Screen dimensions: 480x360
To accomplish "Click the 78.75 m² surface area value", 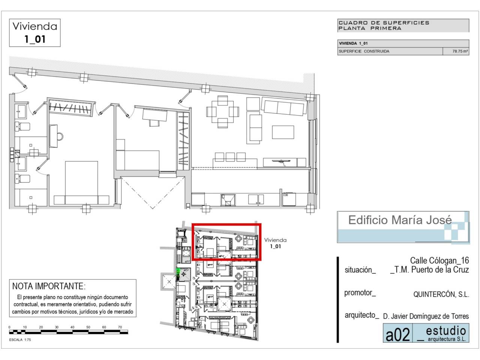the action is (x=460, y=51).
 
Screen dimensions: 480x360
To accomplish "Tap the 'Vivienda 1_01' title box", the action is (x=35, y=33).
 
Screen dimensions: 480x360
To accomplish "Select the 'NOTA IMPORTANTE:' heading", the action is (x=49, y=286).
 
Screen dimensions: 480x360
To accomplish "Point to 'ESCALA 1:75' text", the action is (x=20, y=340).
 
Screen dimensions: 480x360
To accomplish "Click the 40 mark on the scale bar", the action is (x=72, y=327).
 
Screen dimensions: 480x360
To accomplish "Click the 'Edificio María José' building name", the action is (x=400, y=220).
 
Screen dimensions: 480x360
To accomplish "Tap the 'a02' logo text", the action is (x=397, y=334).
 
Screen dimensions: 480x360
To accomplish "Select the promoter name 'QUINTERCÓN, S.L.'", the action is (x=441, y=294).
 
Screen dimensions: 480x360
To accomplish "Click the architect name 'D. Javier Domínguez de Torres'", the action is (x=426, y=316).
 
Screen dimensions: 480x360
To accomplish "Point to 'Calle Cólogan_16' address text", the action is (x=439, y=261).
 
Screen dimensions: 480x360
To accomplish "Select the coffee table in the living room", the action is (x=283, y=132).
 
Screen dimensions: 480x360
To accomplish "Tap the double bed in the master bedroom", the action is (x=81, y=183).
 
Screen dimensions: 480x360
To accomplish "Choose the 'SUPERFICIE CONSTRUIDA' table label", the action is (x=364, y=51).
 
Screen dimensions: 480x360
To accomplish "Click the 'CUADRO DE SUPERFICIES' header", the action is (x=384, y=23).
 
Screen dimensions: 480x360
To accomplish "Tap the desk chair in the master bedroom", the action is (x=60, y=136).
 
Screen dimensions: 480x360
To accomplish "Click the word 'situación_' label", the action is (x=360, y=270).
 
